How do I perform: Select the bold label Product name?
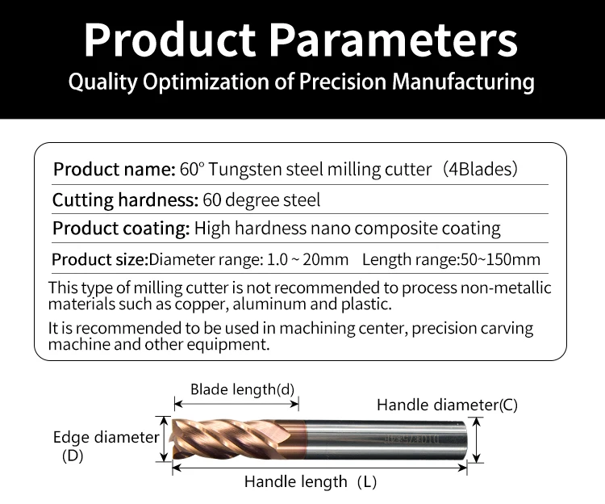tap(115, 169)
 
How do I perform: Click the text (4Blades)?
tap(480, 169)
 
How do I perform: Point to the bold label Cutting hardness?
tap(125, 200)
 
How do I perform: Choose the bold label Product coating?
tap(121, 229)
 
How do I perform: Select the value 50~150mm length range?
tap(500, 259)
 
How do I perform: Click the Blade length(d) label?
tap(242, 389)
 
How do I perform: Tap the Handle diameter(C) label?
tap(447, 405)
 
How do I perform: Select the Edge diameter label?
tap(106, 438)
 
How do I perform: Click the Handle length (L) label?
tap(311, 482)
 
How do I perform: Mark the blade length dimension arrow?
tap(236, 404)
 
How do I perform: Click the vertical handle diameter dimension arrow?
tap(478, 440)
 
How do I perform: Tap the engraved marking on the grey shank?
tap(412, 439)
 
